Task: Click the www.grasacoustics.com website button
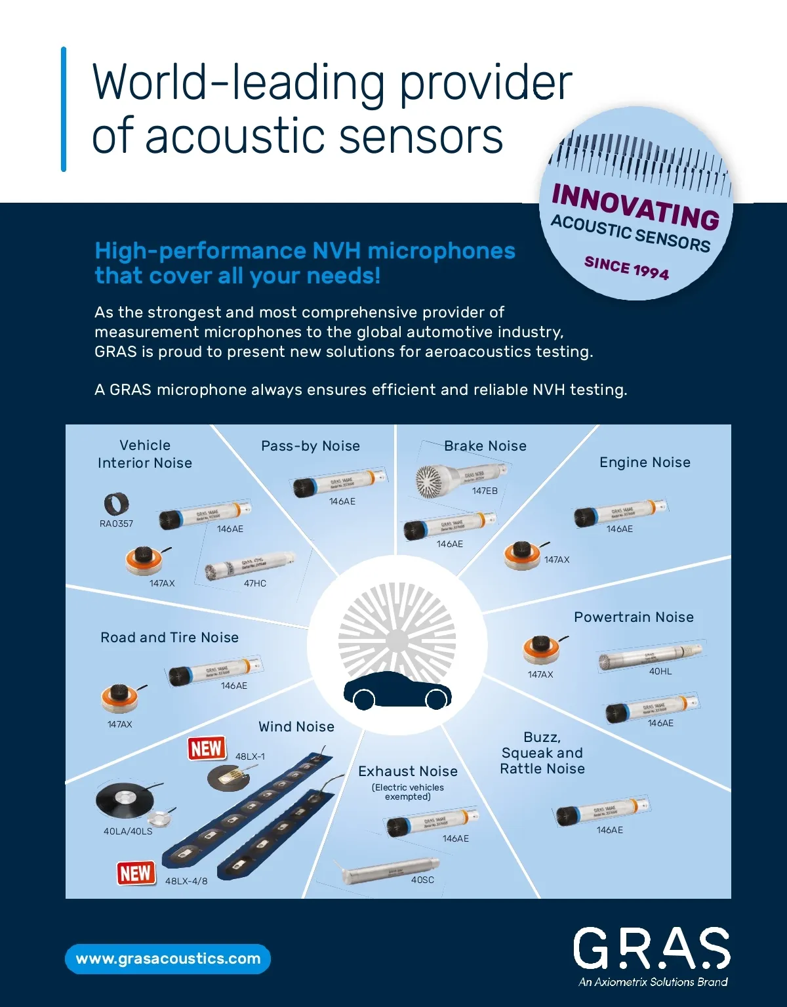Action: coord(168,958)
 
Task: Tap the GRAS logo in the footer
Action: coord(651,948)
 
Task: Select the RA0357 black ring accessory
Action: coord(116,504)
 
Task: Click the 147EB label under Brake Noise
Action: coord(485,491)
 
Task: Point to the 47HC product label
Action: coord(255,583)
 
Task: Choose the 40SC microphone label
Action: coord(422,880)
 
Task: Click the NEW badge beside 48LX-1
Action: coord(207,748)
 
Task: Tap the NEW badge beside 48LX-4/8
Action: coord(136,873)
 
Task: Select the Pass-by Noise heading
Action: coord(310,446)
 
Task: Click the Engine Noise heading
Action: coord(645,462)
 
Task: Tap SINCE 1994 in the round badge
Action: coord(626,268)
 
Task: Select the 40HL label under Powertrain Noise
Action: coord(660,671)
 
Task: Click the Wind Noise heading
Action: coord(296,727)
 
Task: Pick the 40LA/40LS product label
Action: coord(128,831)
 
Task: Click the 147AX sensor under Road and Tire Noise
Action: coord(120,699)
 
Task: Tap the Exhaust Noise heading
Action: coord(408,771)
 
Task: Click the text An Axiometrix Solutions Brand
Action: coord(653,982)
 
